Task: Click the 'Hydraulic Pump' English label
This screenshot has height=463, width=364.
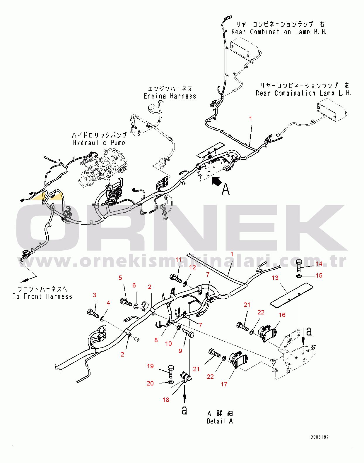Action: point(99,143)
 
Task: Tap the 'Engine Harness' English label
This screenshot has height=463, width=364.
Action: point(170,96)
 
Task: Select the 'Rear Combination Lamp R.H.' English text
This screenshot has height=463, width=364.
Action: point(278,32)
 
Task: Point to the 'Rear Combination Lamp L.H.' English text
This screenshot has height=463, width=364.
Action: point(303,93)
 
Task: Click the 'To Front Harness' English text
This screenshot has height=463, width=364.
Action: point(42,297)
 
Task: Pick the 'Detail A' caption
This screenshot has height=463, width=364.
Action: point(220,421)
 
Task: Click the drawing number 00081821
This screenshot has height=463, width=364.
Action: point(321,437)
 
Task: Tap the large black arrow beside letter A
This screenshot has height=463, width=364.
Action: point(216,181)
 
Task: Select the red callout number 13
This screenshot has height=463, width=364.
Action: point(275,278)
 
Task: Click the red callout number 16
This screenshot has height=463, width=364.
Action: point(282,315)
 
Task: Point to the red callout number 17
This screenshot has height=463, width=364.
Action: point(224,384)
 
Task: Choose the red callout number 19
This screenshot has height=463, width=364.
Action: point(150,366)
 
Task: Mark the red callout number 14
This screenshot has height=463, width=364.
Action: point(319,264)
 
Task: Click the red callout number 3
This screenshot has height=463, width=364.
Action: point(95,295)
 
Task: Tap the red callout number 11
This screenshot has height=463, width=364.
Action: point(178,260)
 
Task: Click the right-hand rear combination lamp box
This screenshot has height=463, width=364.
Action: point(244,50)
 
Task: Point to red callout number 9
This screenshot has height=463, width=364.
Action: point(180,351)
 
